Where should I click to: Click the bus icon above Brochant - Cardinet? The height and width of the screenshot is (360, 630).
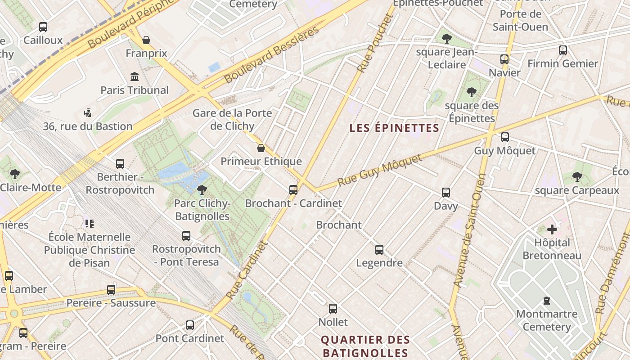(x=293, y=190)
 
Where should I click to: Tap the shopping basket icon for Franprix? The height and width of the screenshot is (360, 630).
(x=146, y=40)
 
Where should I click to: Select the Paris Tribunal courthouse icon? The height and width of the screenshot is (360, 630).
(x=134, y=77)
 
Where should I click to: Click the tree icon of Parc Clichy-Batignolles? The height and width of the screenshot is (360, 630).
(x=202, y=190)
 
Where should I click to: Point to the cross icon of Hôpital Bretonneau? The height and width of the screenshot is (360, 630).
(x=552, y=229)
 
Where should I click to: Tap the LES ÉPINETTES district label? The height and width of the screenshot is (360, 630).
(x=394, y=128)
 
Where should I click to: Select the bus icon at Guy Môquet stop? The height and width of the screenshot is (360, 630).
(x=505, y=137)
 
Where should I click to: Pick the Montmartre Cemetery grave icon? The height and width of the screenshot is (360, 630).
(x=547, y=300)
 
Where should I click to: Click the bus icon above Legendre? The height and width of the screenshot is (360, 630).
(x=379, y=249)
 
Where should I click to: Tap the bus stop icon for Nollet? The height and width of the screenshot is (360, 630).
(x=333, y=309)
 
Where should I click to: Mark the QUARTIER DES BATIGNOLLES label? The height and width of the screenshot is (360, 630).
(x=365, y=346)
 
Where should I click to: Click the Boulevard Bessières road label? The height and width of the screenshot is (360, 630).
(x=271, y=54)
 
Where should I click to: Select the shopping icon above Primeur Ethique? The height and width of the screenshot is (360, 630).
(x=261, y=148)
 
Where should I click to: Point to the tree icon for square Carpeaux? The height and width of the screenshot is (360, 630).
(x=577, y=177)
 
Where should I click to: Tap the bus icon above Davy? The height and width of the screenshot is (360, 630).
(x=446, y=193)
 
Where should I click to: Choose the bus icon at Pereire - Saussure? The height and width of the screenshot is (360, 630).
(x=111, y=289)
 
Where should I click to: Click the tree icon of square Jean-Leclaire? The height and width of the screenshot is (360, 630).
(x=446, y=39)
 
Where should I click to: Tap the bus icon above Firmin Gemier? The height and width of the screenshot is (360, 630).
(x=563, y=50)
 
